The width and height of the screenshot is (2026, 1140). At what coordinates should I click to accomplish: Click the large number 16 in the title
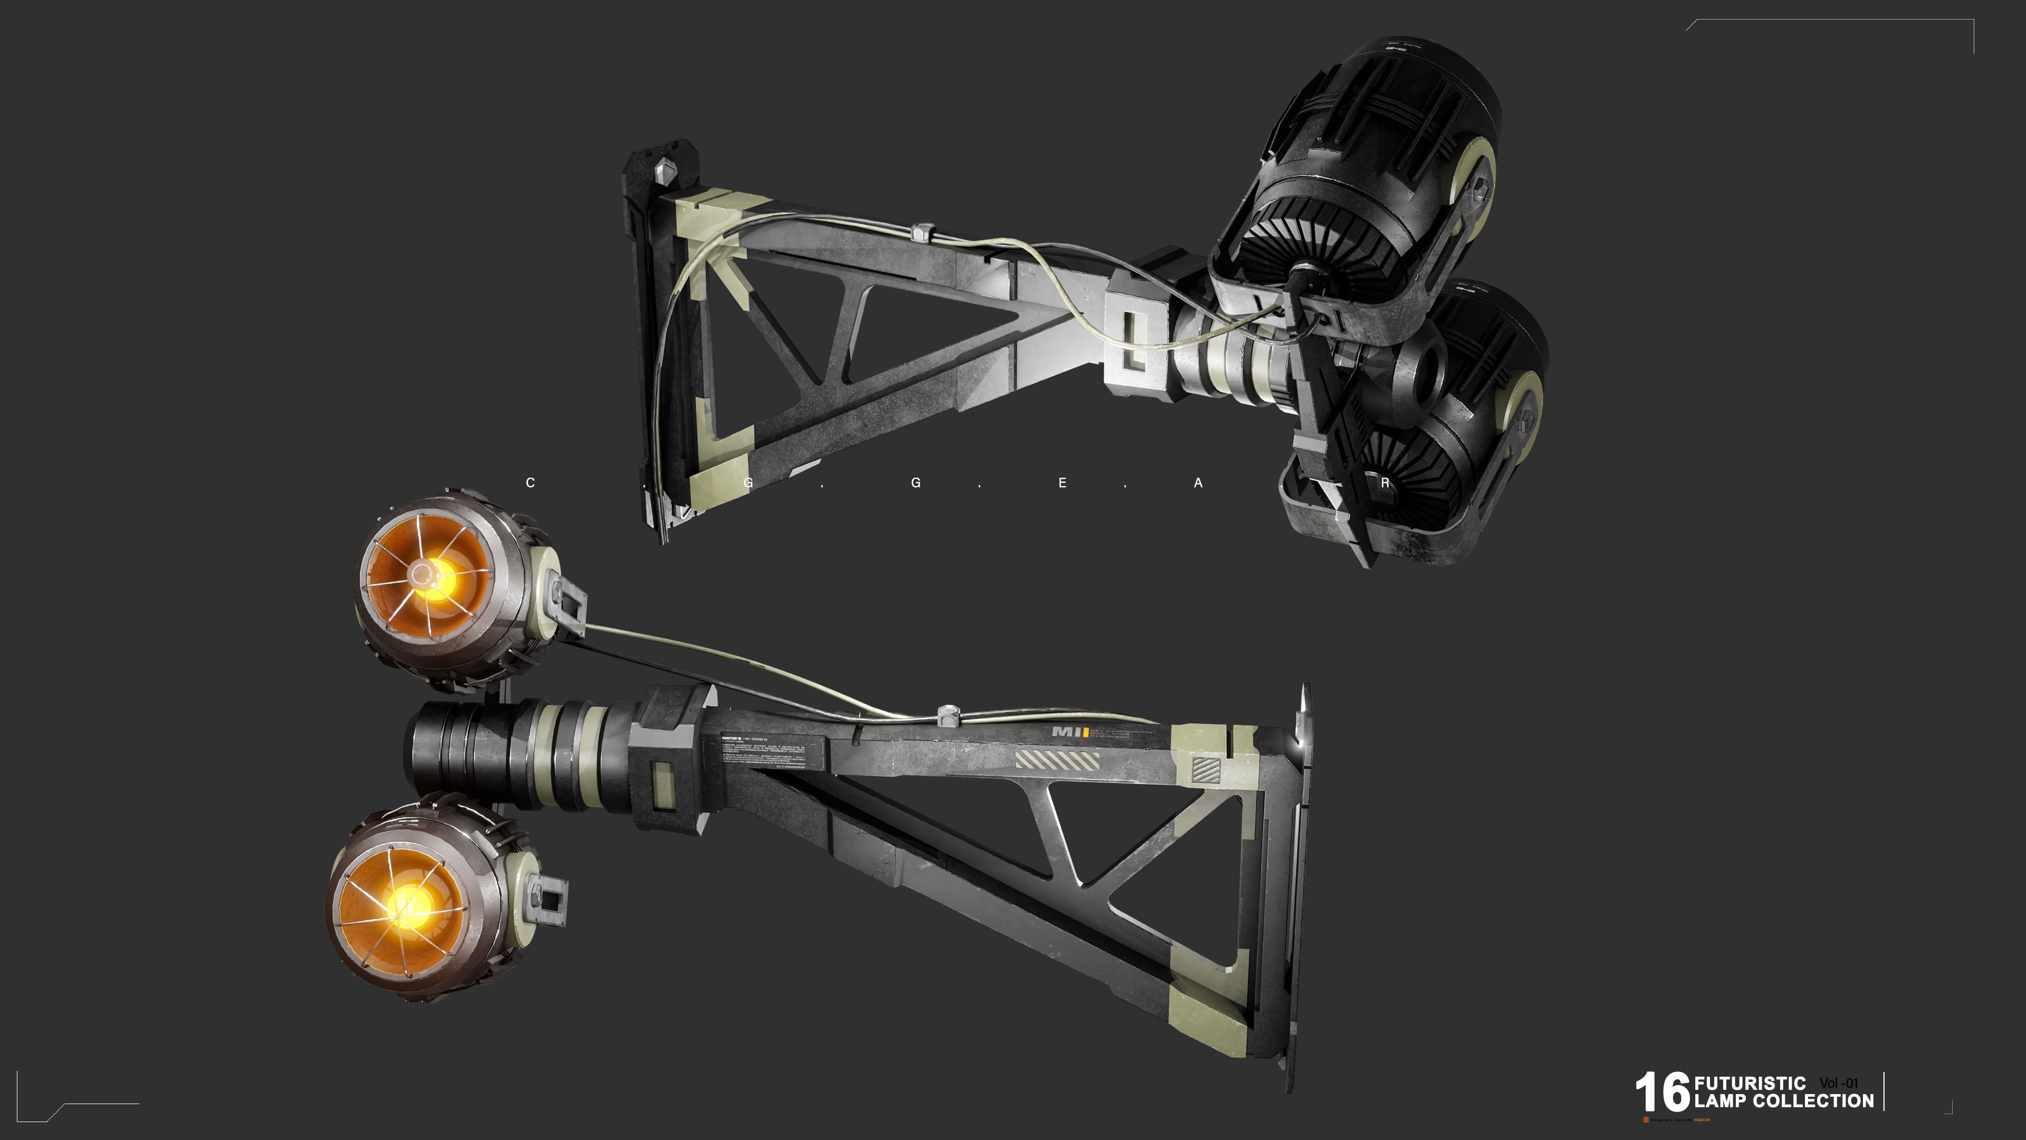click(x=1662, y=1092)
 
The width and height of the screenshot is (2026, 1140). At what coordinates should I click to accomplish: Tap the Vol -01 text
click(x=1838, y=1084)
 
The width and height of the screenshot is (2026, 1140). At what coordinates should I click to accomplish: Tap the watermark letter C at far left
click(x=530, y=483)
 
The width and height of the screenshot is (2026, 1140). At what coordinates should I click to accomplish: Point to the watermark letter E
click(x=1062, y=483)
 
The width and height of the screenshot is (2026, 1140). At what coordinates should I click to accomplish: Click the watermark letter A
click(x=1198, y=483)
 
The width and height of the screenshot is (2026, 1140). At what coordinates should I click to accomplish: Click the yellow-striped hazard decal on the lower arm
click(x=1056, y=761)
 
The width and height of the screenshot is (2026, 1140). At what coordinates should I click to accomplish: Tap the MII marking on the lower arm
click(x=1069, y=731)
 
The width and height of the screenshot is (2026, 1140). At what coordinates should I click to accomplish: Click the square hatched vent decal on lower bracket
click(x=1206, y=768)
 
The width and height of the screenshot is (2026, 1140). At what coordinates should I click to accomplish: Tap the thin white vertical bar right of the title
click(x=1885, y=1091)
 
